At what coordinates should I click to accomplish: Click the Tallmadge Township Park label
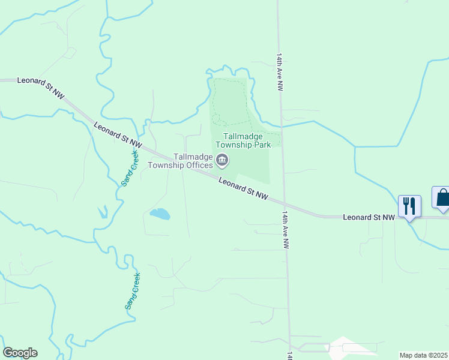pyautogui.click(x=247, y=140)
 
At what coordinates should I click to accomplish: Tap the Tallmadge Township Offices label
pyautogui.click(x=181, y=161)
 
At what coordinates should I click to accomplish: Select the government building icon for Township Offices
pyautogui.click(x=223, y=160)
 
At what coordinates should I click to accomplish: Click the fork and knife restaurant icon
pyautogui.click(x=409, y=206)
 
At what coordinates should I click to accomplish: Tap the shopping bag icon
pyautogui.click(x=442, y=197)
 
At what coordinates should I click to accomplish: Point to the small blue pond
pyautogui.click(x=160, y=214)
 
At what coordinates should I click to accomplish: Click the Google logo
pyautogui.click(x=20, y=353)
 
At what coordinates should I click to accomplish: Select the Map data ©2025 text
pyautogui.click(x=423, y=355)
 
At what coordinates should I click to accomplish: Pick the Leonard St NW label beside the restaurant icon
pyautogui.click(x=368, y=217)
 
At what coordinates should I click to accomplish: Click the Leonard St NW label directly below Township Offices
pyautogui.click(x=243, y=188)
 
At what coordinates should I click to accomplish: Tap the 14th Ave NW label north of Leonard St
pyautogui.click(x=279, y=71)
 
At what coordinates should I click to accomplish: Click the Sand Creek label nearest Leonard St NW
pyautogui.click(x=130, y=168)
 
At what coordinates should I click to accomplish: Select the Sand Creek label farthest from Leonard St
pyautogui.click(x=133, y=291)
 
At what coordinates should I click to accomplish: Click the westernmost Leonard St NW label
pyautogui.click(x=41, y=88)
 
